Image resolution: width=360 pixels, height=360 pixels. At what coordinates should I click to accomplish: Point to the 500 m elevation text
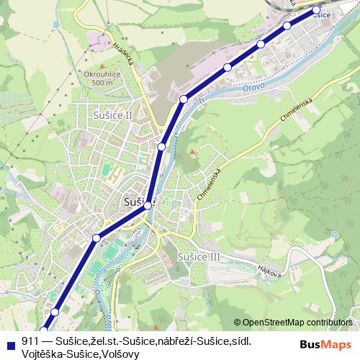pyautogui.click(x=102, y=84)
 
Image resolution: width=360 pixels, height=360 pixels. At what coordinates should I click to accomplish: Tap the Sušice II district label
pyautogui.click(x=113, y=114)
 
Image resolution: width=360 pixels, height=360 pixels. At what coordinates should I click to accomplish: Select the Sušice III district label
pyautogui.click(x=199, y=256)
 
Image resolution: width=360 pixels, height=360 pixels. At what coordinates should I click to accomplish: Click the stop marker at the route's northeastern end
pyautogui.click(x=316, y=11)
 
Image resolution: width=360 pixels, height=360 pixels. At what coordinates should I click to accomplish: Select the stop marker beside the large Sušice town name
pyautogui.click(x=148, y=206)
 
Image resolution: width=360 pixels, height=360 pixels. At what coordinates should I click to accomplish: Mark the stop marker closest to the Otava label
pyautogui.click(x=228, y=68)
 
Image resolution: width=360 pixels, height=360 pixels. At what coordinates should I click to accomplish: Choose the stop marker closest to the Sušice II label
pyautogui.click(x=162, y=147)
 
